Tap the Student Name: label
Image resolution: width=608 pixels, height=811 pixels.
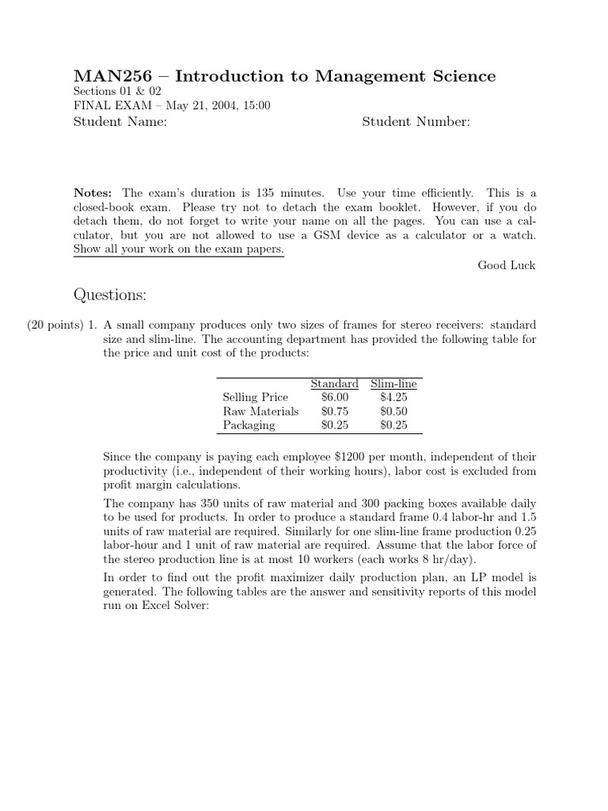(120, 121)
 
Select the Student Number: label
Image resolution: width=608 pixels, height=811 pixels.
(416, 121)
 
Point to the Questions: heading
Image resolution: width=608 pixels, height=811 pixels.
(110, 295)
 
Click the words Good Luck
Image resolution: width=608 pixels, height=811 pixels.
(506, 265)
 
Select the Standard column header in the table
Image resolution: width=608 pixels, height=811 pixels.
(334, 383)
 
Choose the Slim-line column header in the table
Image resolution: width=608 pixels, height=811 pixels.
(393, 383)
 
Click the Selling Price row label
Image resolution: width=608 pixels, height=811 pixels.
(255, 397)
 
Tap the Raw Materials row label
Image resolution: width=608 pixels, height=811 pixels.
(260, 411)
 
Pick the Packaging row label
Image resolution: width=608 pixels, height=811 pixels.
(249, 425)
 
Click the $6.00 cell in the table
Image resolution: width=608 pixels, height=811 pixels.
(334, 397)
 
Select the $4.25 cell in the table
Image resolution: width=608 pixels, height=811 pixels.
(393, 397)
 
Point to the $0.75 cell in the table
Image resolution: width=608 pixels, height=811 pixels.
(334, 411)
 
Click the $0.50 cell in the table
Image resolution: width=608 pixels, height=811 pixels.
(393, 411)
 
